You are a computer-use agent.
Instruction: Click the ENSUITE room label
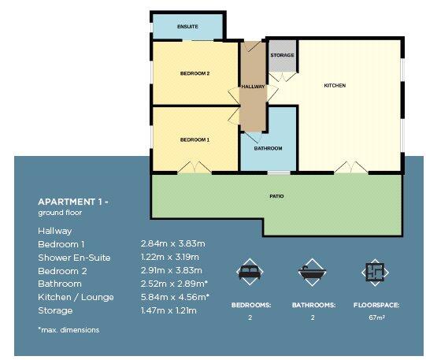click(187, 27)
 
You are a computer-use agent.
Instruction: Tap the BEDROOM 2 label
click(194, 73)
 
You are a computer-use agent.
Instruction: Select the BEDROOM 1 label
click(194, 139)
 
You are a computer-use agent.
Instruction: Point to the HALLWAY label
click(253, 87)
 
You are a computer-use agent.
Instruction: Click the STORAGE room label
click(282, 56)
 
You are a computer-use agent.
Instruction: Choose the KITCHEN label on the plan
click(335, 85)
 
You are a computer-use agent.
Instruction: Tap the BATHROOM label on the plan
click(268, 148)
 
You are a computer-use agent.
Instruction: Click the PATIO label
click(276, 196)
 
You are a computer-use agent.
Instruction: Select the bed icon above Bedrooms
click(250, 273)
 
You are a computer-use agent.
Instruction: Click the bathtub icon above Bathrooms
click(313, 273)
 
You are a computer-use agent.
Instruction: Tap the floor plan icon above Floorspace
click(374, 273)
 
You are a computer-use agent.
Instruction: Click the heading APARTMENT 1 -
click(73, 202)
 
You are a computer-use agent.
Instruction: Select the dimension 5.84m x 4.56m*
click(174, 297)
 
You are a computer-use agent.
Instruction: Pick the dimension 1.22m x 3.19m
click(170, 258)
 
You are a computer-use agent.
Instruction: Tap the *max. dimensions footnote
click(69, 329)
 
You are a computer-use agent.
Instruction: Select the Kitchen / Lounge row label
click(76, 297)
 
